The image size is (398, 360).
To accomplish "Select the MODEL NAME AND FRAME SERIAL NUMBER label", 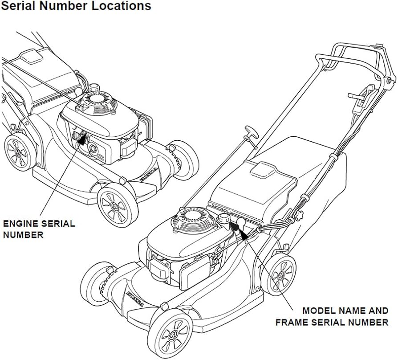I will coord(332,316).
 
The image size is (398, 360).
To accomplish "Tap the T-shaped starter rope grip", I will coord(250,133).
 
